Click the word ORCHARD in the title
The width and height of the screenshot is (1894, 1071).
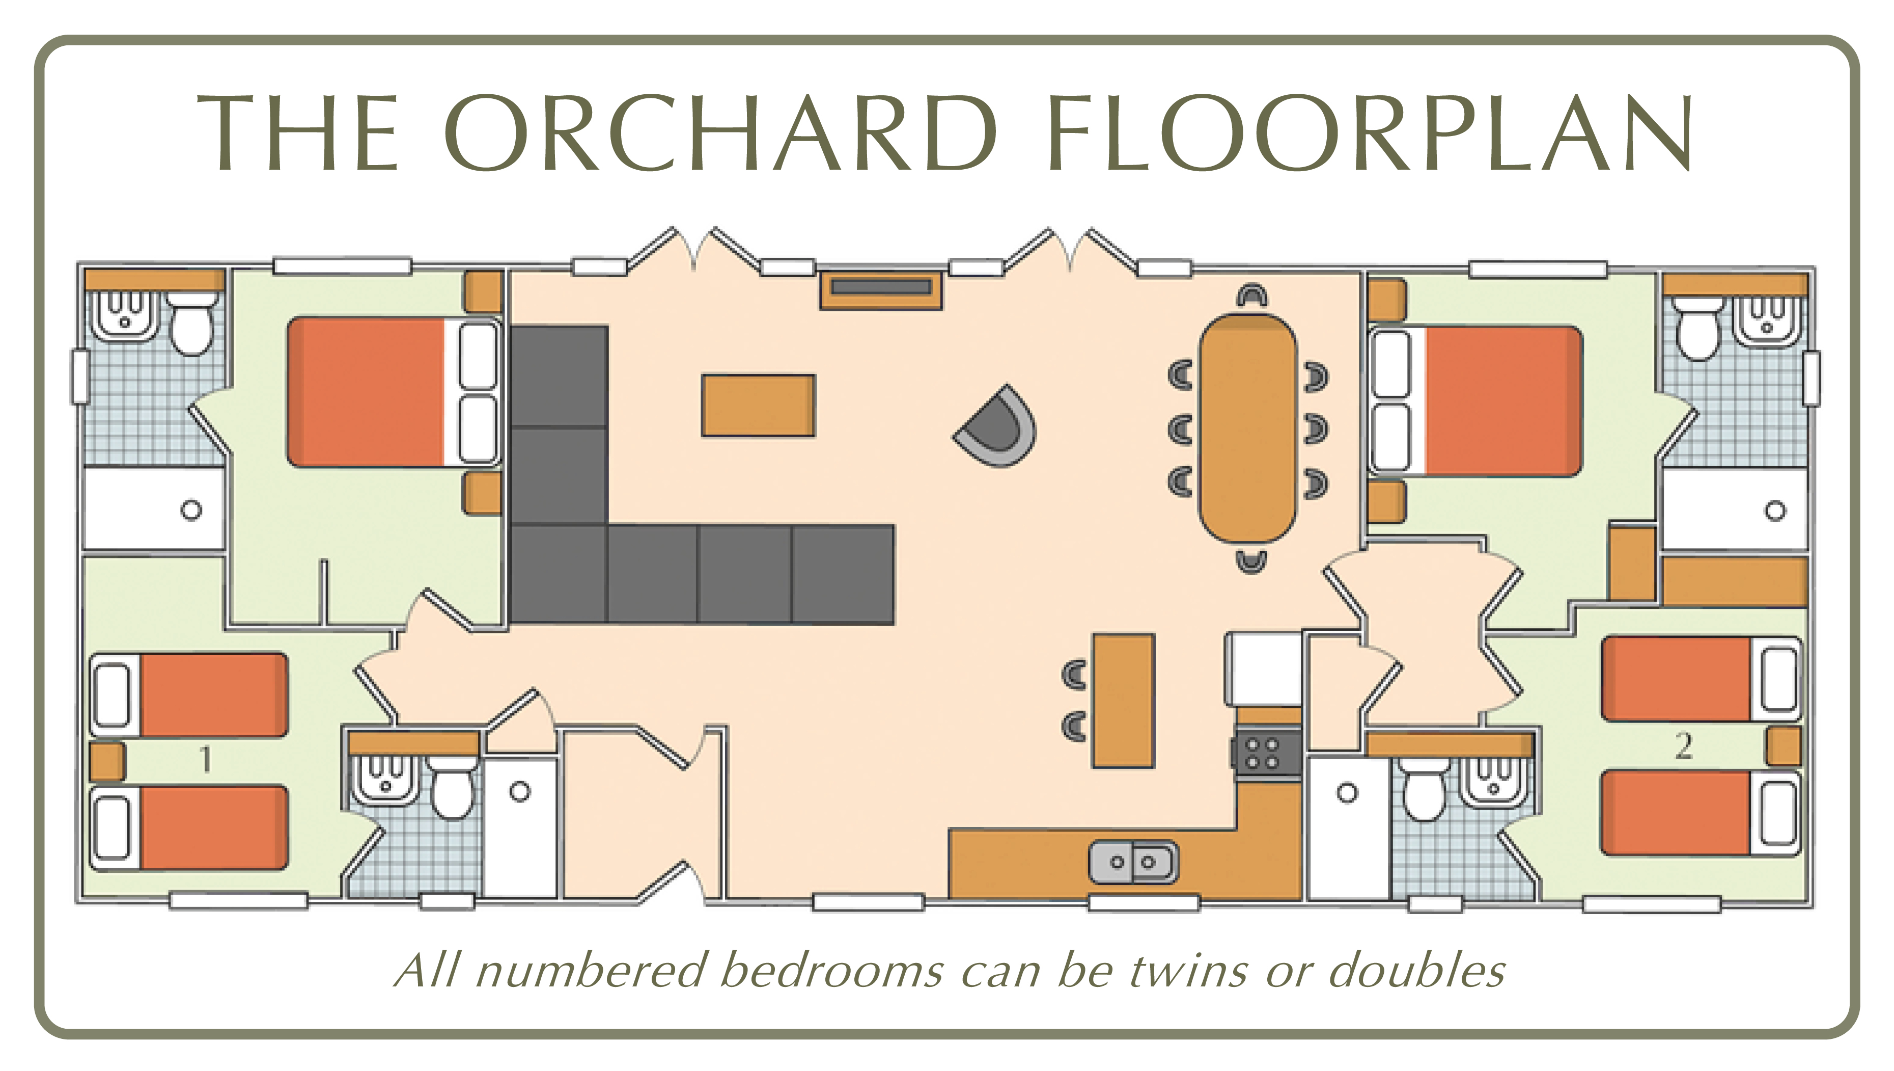720,133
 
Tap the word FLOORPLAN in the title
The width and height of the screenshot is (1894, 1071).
1370,133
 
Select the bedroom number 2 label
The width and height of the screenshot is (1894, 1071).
1684,746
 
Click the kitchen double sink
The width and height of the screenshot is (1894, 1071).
1133,862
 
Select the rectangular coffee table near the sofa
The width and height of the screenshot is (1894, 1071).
758,405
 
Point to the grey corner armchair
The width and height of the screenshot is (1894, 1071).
997,426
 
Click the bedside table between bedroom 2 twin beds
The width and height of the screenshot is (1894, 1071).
1783,746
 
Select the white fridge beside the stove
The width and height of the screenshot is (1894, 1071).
1263,668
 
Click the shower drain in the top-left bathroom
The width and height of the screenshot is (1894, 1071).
191,510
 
